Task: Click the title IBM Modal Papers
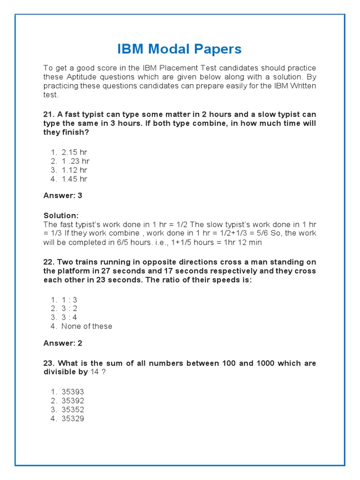point(180,49)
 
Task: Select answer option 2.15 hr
point(74,152)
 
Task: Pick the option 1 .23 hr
point(75,161)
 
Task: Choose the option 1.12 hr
point(74,170)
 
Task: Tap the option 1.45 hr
point(74,179)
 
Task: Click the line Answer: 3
point(63,195)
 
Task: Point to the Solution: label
point(61,215)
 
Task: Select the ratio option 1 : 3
point(69,300)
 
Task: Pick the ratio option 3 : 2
point(69,308)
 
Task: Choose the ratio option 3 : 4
point(69,317)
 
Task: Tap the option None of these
point(87,326)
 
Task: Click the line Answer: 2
point(63,343)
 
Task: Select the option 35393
point(73,392)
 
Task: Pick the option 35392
point(73,401)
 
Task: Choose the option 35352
point(73,410)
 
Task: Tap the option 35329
point(73,419)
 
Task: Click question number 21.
point(49,114)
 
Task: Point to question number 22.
point(49,262)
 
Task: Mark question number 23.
point(49,363)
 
